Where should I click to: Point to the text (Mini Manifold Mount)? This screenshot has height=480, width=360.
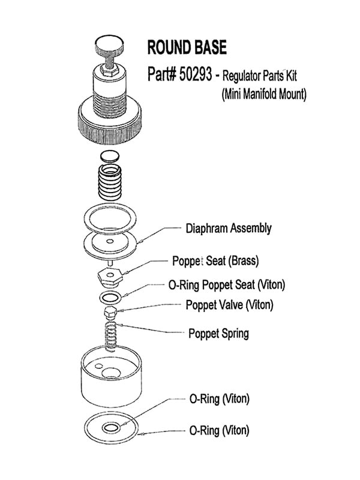pyautogui.click(x=260, y=95)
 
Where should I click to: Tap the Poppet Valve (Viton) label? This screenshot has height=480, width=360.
pyautogui.click(x=229, y=305)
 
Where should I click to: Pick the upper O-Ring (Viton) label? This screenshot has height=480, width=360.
pyautogui.click(x=219, y=398)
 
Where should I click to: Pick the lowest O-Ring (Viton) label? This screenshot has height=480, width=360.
pyautogui.click(x=219, y=430)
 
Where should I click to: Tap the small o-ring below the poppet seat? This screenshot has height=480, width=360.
pyautogui.click(x=109, y=298)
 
